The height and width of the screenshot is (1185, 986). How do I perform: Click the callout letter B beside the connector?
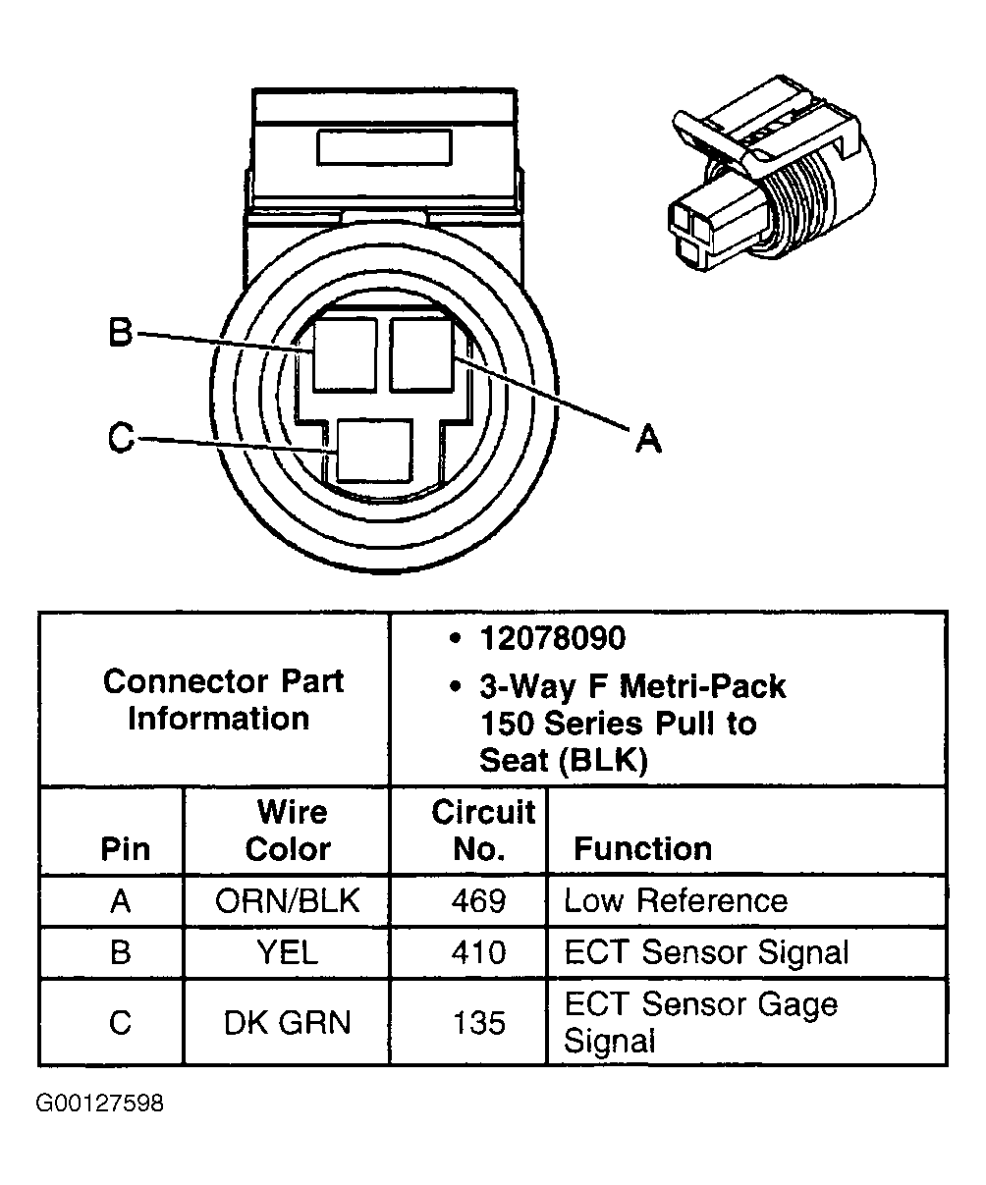click(x=119, y=334)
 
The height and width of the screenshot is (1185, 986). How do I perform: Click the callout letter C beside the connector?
click(x=120, y=439)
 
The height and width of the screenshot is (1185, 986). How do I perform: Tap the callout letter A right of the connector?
click(x=647, y=439)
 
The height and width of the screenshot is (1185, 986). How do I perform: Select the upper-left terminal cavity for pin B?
click(x=346, y=354)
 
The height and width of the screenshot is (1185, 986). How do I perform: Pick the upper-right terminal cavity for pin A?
click(x=420, y=352)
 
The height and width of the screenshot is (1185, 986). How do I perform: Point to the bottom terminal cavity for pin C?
click(x=374, y=451)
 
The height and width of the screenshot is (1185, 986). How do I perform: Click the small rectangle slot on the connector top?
click(x=384, y=148)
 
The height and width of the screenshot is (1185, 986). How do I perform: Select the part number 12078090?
click(x=552, y=639)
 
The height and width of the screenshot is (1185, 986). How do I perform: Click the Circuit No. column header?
click(x=483, y=831)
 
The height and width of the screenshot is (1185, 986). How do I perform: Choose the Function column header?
click(x=642, y=848)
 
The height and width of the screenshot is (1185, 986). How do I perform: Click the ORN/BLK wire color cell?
click(x=288, y=901)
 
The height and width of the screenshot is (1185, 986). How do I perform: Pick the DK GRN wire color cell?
click(x=287, y=1022)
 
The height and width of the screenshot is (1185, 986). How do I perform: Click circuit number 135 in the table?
click(x=479, y=1022)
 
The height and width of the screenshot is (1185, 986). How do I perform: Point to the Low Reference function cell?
click(x=675, y=901)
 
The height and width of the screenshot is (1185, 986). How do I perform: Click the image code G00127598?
click(x=100, y=1104)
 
